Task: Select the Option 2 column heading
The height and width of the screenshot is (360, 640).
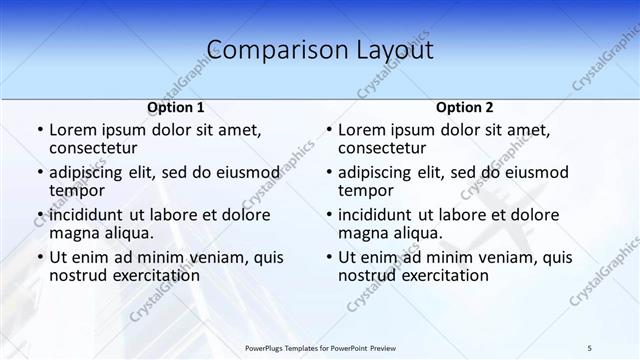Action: click(465, 107)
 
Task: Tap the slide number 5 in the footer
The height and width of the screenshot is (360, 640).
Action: click(589, 347)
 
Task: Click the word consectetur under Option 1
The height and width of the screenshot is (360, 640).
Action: click(98, 149)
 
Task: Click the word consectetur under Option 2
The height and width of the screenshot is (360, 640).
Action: click(388, 149)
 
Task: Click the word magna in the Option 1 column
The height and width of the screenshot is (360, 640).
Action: click(74, 233)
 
